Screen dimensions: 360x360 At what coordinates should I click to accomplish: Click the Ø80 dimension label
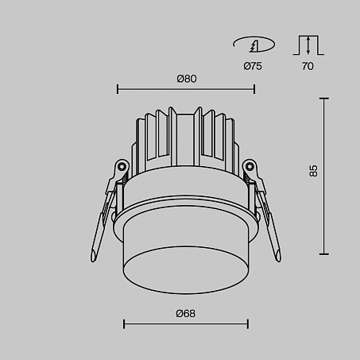[187, 79]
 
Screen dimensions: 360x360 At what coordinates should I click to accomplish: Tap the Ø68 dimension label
[186, 314]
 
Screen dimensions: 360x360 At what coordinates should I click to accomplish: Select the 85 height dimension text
[313, 171]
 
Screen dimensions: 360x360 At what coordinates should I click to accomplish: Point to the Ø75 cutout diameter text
[253, 66]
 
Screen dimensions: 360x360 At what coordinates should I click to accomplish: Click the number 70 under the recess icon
[308, 66]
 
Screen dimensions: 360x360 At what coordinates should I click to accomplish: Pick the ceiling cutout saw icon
[254, 45]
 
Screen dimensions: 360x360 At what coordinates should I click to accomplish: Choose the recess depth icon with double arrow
[308, 45]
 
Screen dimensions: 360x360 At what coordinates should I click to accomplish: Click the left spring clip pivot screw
[122, 167]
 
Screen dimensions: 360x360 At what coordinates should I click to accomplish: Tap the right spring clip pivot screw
[250, 167]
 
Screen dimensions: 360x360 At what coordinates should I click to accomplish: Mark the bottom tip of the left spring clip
[93, 260]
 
